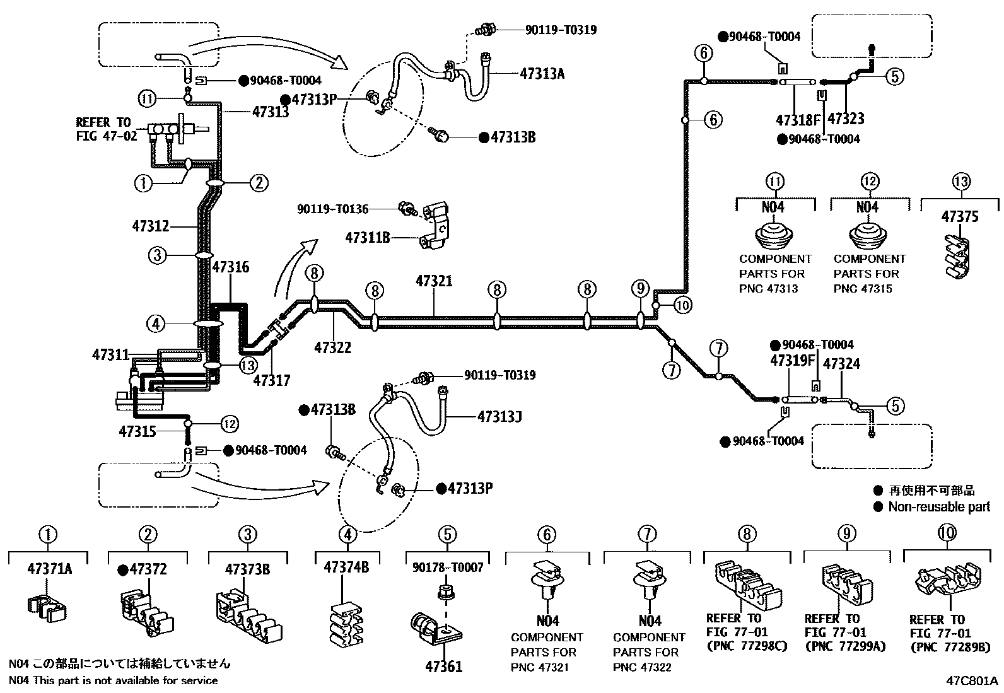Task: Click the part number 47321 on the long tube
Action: [434, 281]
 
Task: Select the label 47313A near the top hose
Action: [542, 73]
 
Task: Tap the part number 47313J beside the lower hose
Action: [499, 417]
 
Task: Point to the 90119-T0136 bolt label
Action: [332, 208]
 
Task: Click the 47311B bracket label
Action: [368, 237]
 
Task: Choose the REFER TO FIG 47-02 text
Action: [106, 129]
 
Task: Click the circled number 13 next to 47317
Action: [248, 364]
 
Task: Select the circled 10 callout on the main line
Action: [682, 305]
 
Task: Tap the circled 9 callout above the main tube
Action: [640, 289]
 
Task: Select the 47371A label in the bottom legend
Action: [49, 569]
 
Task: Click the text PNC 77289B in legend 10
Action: [949, 647]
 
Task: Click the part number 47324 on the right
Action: [841, 364]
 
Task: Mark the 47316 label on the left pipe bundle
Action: [230, 267]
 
